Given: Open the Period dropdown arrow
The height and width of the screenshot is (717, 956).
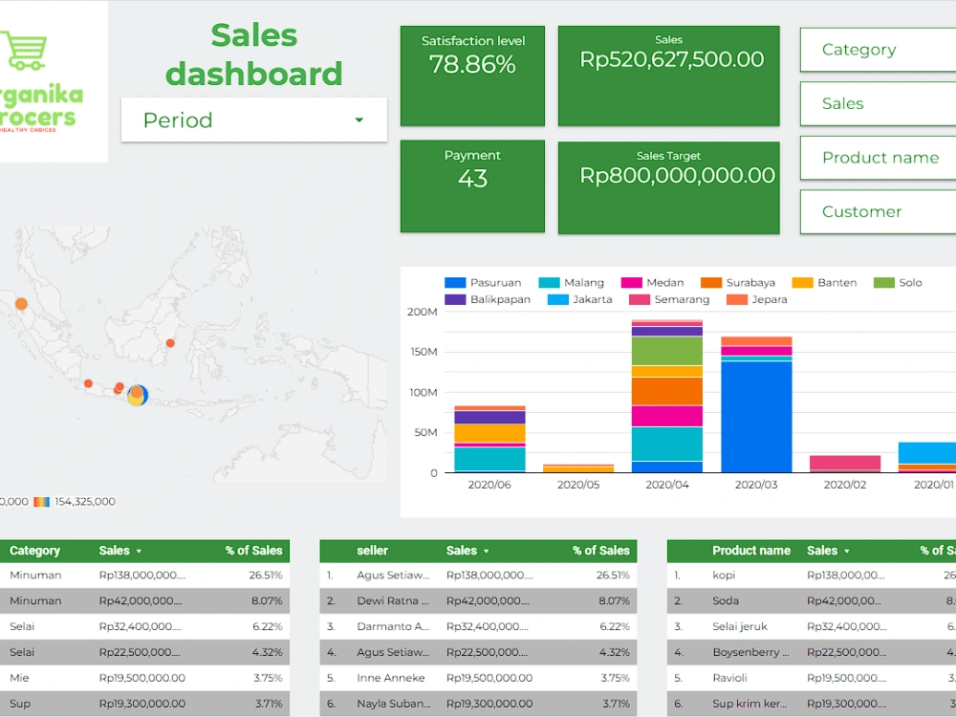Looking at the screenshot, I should tap(359, 120).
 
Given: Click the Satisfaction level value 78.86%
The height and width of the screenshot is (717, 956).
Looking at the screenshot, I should tap(472, 65).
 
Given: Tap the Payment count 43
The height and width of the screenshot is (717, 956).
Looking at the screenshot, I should tap(472, 179).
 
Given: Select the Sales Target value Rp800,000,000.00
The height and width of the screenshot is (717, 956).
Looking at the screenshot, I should tap(677, 176).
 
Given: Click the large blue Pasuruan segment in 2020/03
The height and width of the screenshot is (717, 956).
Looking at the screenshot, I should tap(756, 416).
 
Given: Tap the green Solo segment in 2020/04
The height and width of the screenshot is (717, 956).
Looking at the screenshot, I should tap(667, 351).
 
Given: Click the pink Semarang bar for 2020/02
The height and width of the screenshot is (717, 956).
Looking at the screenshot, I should tap(845, 463).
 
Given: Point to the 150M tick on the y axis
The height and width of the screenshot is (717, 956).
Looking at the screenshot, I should tap(422, 353).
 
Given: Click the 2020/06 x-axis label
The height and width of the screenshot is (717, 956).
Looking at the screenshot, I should tap(489, 485).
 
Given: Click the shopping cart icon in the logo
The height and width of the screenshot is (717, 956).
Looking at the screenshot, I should tap(24, 52).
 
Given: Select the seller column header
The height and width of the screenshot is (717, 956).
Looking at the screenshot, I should tap(372, 551).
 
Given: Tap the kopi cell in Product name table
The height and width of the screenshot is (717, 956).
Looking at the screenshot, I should tap(724, 576).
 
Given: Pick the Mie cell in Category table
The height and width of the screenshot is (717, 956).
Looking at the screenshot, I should tap(20, 678).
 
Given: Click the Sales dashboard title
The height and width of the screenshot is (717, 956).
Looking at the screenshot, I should tap(253, 54).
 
